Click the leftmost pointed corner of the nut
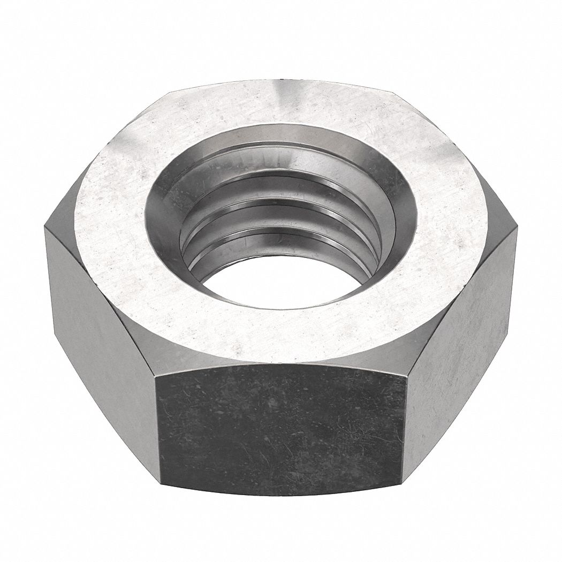[x=45, y=227]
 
